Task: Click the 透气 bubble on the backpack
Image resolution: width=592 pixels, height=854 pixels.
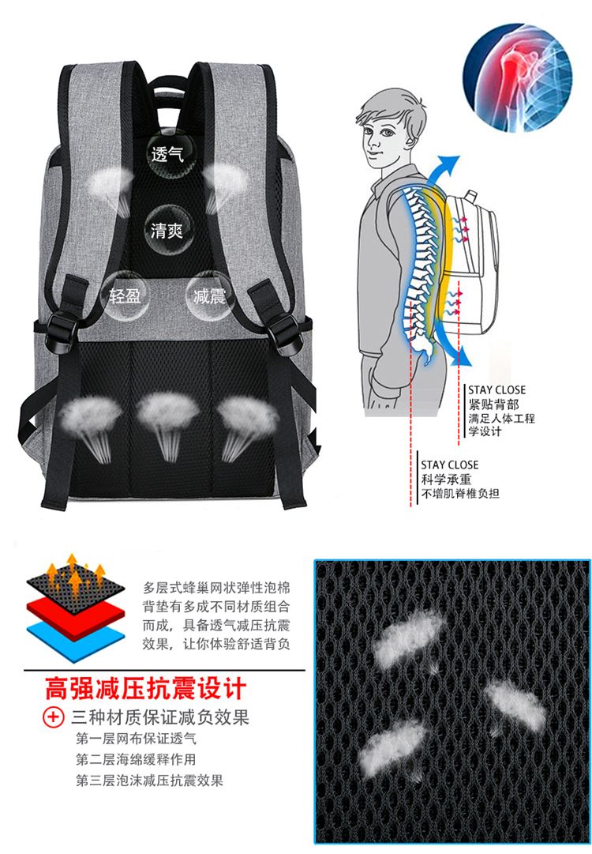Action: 167,154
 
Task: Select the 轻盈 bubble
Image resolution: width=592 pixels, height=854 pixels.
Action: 126,295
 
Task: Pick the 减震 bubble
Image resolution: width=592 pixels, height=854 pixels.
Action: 209,295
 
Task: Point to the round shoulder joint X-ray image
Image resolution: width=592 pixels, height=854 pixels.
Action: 518,77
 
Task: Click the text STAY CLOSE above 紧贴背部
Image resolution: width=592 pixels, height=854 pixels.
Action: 496,390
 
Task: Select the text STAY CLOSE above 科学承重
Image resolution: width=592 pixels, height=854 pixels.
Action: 449,465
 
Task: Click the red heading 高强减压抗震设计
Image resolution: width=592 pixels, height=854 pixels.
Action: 146,688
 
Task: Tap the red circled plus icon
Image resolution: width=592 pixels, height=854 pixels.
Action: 54,717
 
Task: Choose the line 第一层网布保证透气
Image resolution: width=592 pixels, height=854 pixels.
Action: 136,739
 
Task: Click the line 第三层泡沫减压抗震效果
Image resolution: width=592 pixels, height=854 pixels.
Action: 150,781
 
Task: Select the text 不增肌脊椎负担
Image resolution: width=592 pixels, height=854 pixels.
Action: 460,494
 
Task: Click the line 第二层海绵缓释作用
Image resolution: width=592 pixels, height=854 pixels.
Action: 136,759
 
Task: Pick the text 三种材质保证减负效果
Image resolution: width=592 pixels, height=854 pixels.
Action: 160,717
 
